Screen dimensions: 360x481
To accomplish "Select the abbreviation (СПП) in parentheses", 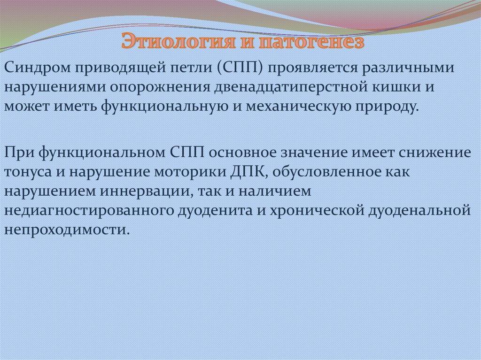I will (241, 69).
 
